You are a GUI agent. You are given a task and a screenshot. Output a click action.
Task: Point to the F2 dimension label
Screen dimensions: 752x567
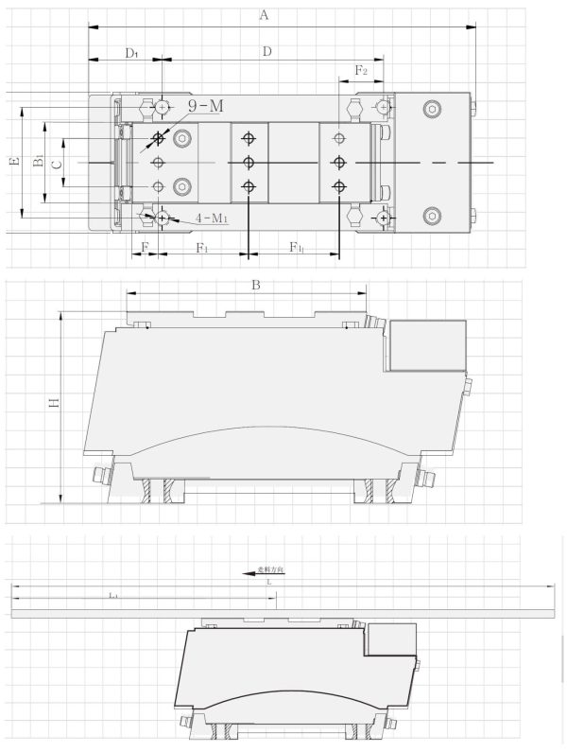[361, 71]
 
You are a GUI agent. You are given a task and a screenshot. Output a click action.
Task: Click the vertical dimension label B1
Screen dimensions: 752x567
[37, 162]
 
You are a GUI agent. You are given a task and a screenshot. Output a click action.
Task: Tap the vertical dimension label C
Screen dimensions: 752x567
[56, 163]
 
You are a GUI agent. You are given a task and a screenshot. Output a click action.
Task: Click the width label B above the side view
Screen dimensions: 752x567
[254, 284]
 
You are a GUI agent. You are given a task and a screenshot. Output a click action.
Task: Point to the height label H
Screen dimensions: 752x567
[55, 403]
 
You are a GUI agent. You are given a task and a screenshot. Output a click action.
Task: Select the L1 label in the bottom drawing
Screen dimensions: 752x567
[112, 595]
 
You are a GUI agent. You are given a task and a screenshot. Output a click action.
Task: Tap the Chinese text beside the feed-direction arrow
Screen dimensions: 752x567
[270, 570]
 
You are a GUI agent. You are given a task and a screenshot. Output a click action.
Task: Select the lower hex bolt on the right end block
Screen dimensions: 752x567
[433, 216]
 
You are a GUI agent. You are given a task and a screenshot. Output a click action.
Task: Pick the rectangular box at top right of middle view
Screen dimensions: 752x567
[427, 345]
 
